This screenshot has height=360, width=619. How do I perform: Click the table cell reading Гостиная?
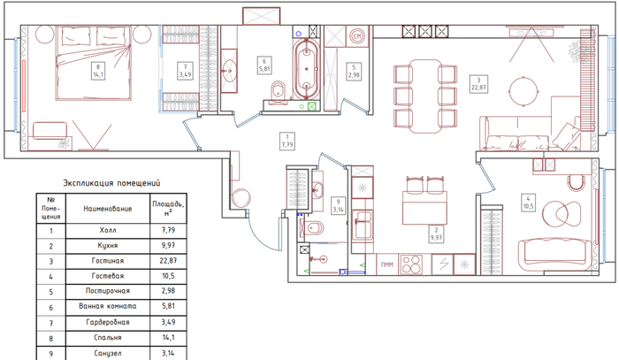pyautogui.click(x=108, y=261)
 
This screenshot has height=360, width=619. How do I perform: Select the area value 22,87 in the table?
pyautogui.click(x=169, y=261)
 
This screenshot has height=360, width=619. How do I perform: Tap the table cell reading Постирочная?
pyautogui.click(x=108, y=291)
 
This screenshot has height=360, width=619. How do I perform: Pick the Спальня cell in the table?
pyautogui.click(x=108, y=338)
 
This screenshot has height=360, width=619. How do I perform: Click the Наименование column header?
pyautogui.click(x=108, y=209)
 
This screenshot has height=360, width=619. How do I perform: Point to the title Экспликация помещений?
pyautogui.click(x=111, y=183)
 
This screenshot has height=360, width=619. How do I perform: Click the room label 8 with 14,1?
pyautogui.click(x=98, y=71)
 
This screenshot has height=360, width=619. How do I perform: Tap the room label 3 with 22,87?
pyautogui.click(x=478, y=84)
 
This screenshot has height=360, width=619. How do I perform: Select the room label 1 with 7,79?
pyautogui.click(x=287, y=141)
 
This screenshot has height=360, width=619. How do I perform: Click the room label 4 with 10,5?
pyautogui.click(x=528, y=203)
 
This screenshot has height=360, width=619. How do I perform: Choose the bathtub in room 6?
pyautogui.click(x=306, y=70)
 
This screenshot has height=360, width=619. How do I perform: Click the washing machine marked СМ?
pyautogui.click(x=357, y=37)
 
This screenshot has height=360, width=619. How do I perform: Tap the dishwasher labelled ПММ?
pyautogui.click(x=387, y=264)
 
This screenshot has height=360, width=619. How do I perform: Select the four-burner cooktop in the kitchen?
pyautogui.click(x=411, y=264)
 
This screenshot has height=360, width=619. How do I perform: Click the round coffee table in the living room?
pyautogui.click(x=523, y=91)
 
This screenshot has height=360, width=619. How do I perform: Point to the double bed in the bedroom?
pyautogui.click(x=93, y=63)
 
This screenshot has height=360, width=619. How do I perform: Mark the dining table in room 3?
pyautogui.click(x=425, y=96)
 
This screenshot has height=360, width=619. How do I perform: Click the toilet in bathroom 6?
pyautogui.click(x=279, y=92)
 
